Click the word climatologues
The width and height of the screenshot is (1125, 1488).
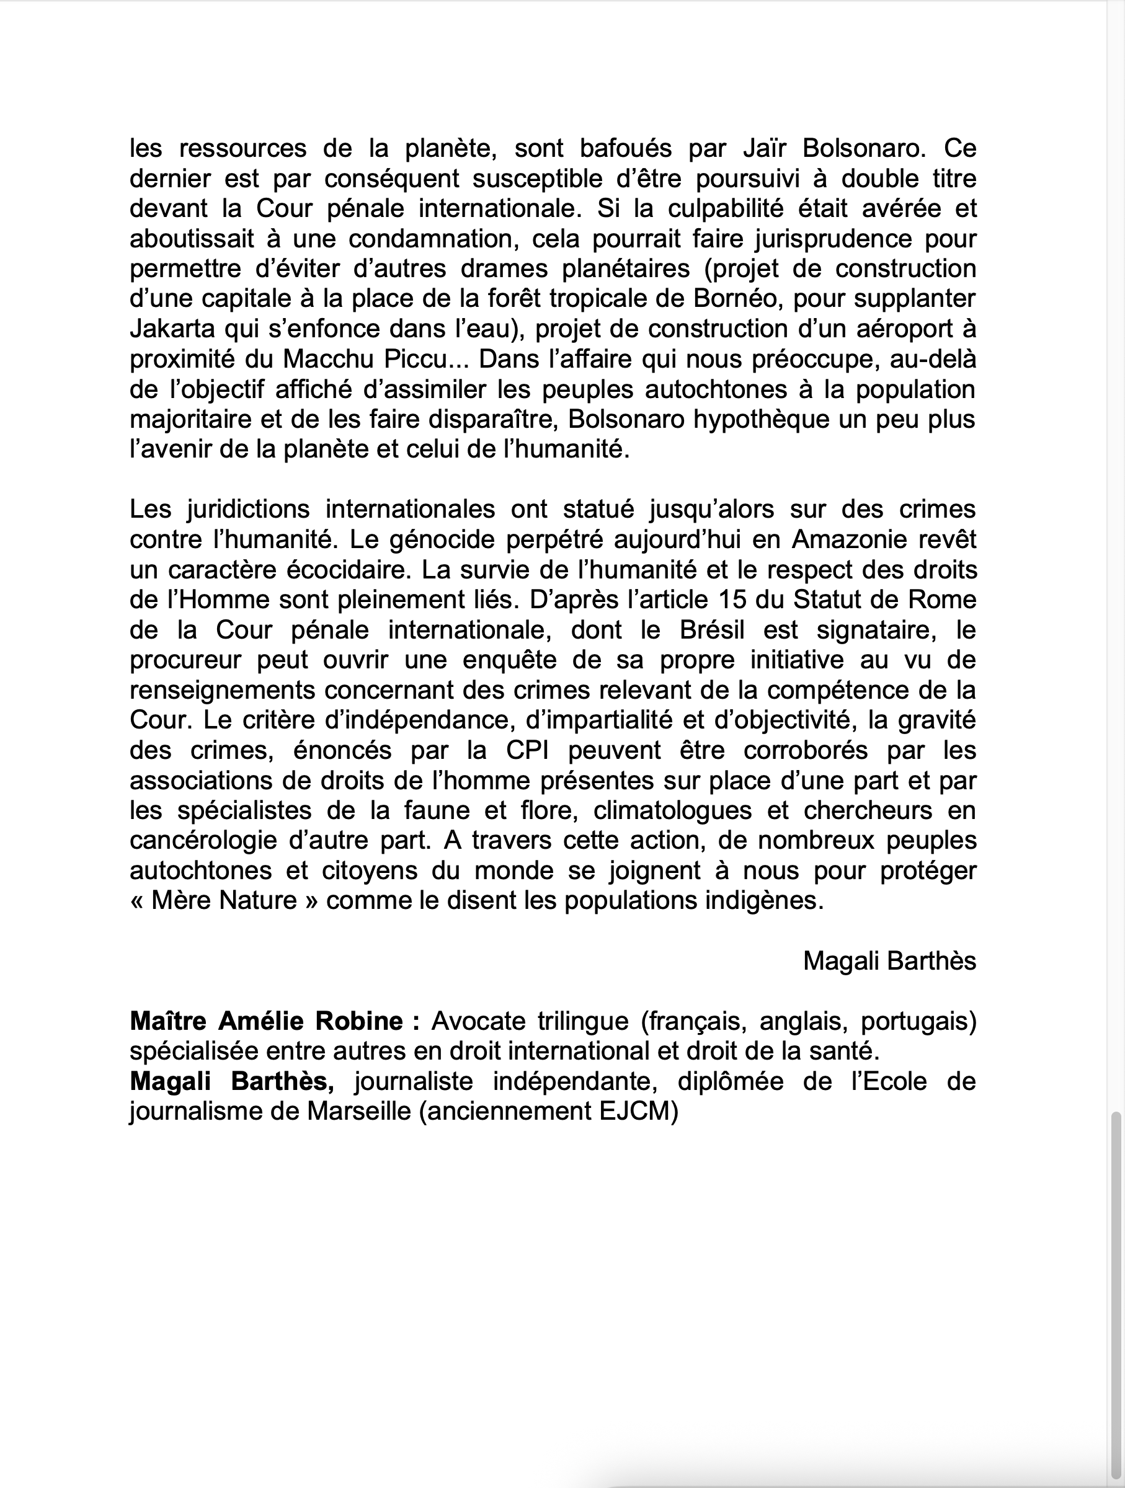click(673, 810)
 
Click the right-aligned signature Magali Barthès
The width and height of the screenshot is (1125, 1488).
click(889, 961)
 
